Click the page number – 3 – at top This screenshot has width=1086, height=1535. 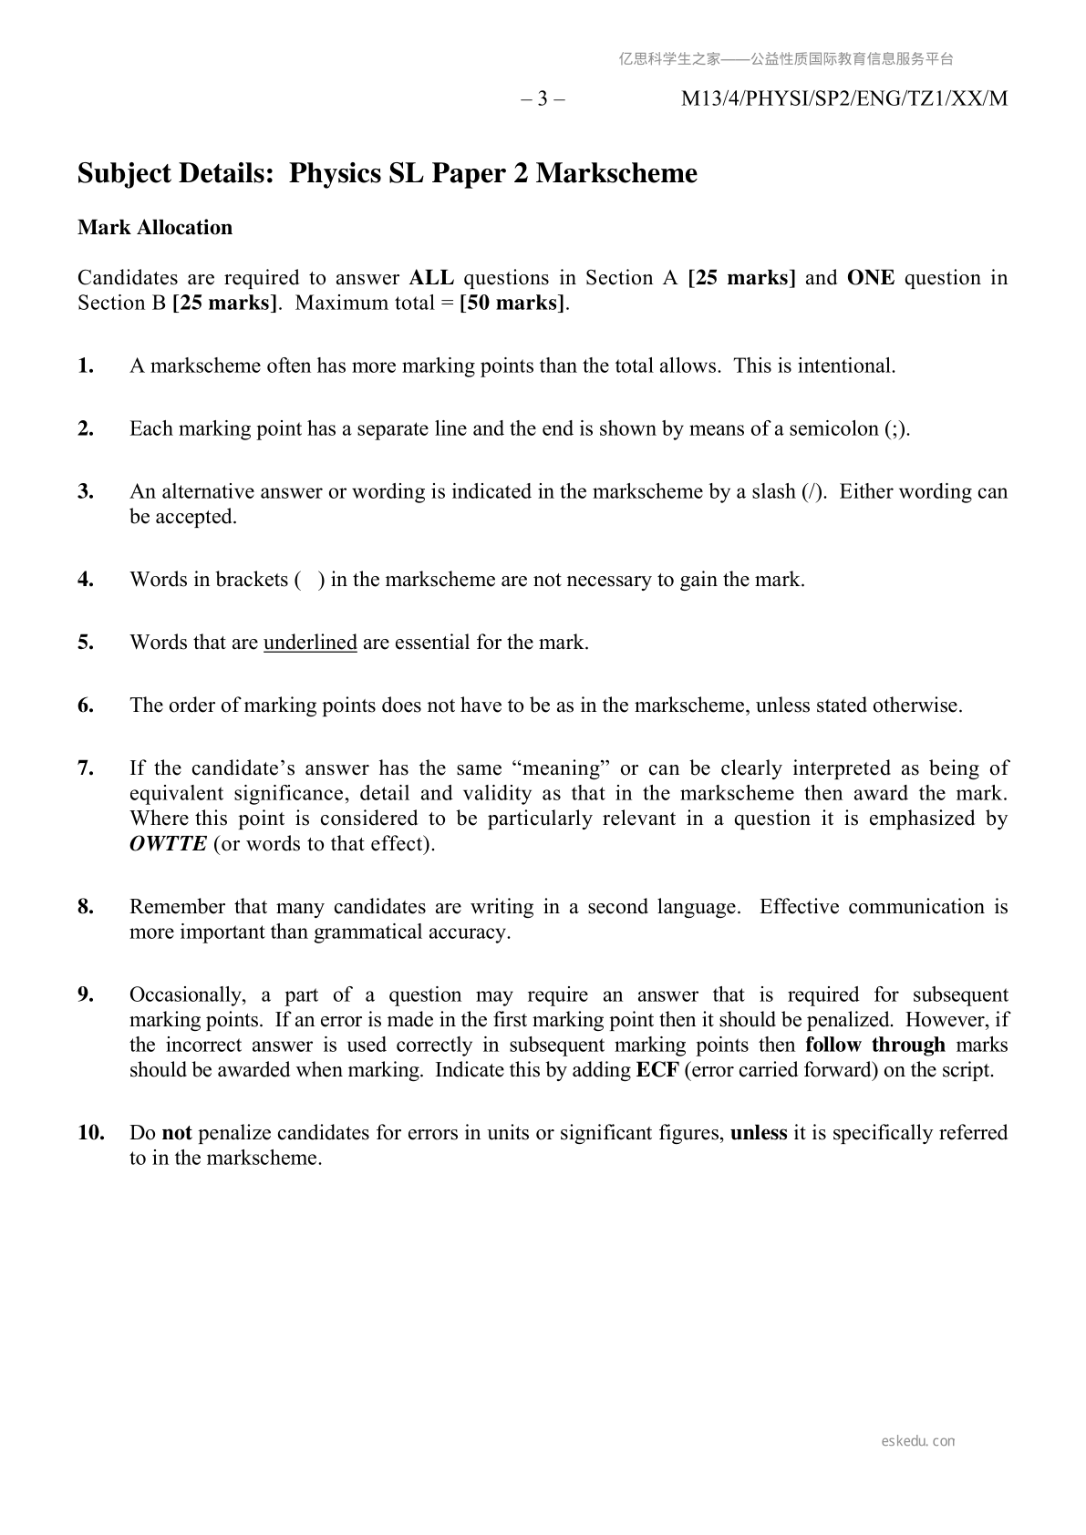[x=543, y=99]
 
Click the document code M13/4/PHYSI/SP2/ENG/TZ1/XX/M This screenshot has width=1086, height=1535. [x=844, y=99]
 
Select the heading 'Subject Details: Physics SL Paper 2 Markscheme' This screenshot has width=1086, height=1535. [x=388, y=173]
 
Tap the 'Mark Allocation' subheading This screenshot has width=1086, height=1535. [x=155, y=227]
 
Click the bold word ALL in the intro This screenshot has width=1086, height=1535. [x=431, y=278]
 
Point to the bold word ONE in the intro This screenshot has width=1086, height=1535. [x=870, y=278]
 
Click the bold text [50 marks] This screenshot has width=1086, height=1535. [x=512, y=303]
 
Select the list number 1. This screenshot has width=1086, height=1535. [x=86, y=366]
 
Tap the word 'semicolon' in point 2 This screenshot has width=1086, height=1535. [x=834, y=429]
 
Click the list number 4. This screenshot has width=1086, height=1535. [x=86, y=580]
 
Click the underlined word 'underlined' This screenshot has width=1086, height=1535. [x=310, y=643]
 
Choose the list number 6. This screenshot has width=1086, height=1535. [x=86, y=706]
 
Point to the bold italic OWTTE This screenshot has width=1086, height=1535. [x=169, y=843]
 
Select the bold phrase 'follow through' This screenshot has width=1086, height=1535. [x=875, y=1045]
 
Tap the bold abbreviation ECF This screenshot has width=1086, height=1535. [x=657, y=1070]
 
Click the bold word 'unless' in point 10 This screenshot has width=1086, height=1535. [x=759, y=1133]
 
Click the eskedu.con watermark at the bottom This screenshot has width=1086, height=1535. [x=918, y=1441]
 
